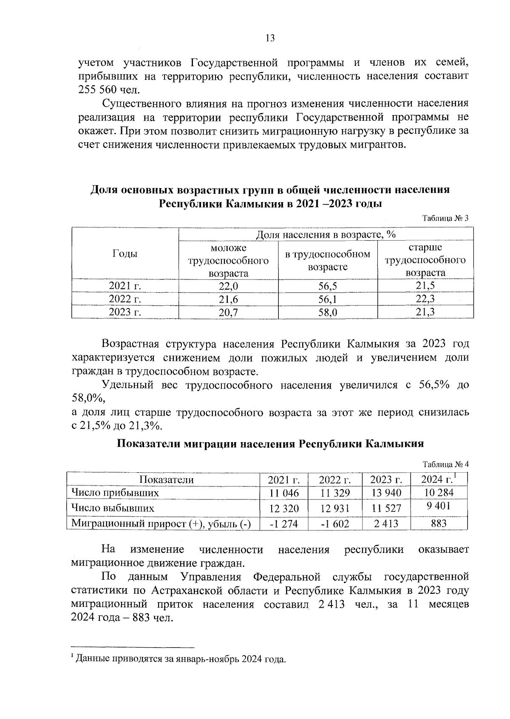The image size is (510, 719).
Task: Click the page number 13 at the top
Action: [x=270, y=38]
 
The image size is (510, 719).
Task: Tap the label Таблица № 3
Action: [x=445, y=218]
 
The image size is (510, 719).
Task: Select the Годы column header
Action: [x=125, y=254]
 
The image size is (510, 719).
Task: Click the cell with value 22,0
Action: [x=228, y=286]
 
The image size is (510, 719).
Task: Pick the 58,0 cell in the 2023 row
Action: [x=328, y=313]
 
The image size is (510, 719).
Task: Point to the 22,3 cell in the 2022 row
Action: [x=425, y=299]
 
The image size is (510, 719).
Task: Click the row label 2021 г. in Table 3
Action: [x=125, y=286]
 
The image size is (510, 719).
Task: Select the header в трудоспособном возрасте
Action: [x=328, y=260]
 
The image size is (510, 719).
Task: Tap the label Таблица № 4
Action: [x=445, y=464]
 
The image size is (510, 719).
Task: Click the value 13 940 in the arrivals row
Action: [x=386, y=493]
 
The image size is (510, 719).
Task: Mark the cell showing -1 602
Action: [x=335, y=524]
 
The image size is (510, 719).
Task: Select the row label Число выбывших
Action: [x=113, y=508]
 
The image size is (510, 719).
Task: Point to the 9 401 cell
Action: [x=439, y=506]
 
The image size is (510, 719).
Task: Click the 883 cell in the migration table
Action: [x=439, y=523]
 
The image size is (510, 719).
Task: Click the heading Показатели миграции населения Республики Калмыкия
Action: [x=270, y=444]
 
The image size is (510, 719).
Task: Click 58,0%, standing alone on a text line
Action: [x=88, y=399]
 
